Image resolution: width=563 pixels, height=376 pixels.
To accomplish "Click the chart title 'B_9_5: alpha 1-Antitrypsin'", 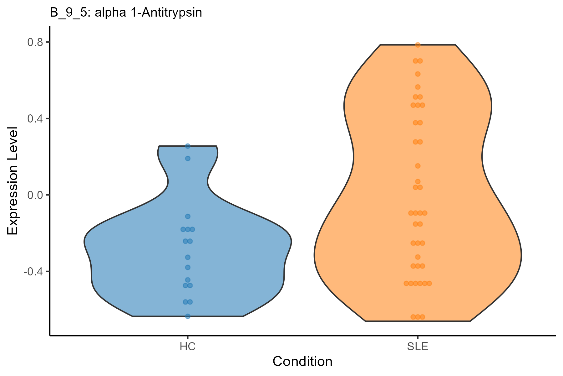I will pos(126,13).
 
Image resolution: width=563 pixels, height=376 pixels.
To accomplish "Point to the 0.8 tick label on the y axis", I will pos(35,42).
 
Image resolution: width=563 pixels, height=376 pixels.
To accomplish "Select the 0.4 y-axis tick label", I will pos(35,118).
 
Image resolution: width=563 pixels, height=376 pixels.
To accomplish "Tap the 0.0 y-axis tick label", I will pos(35,195).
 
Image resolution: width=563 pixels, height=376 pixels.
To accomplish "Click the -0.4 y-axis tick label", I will pos(33,271).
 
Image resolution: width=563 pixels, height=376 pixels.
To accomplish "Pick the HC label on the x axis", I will pos(188,347).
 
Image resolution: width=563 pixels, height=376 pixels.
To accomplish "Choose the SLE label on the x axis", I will pos(418,347).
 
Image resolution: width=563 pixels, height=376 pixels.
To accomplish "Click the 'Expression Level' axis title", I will pos(13,181).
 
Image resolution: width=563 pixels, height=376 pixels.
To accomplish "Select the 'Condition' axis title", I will pos(302,362).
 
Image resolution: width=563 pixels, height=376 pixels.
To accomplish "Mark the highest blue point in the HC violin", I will pos(188,146).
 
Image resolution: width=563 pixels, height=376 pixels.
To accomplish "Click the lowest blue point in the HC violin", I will pos(188,316).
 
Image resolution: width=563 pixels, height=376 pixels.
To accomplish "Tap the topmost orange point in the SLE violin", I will pos(418,45).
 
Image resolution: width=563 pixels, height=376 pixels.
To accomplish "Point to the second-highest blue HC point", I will pos(188,158).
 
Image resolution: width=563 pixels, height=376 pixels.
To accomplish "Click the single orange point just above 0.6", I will pos(418,74).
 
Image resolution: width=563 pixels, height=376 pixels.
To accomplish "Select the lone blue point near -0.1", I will pos(188,216).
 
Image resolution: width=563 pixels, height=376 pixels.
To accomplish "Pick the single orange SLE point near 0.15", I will pos(418,166).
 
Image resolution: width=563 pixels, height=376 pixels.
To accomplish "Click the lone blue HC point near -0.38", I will pos(188,267).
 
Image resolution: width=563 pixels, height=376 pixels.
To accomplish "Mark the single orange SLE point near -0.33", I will pos(418,257).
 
